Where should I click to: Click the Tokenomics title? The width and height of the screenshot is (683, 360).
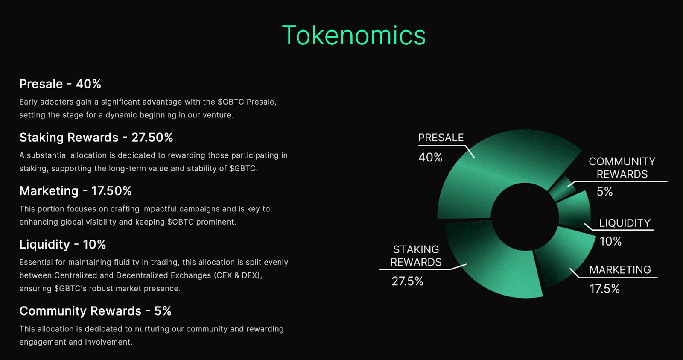tap(353, 35)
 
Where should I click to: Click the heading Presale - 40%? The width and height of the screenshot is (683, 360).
tap(60, 84)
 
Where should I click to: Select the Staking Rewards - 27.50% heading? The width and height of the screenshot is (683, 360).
tap(96, 138)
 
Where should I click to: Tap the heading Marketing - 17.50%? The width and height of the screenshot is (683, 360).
tap(75, 191)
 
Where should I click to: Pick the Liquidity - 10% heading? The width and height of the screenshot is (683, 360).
tap(62, 244)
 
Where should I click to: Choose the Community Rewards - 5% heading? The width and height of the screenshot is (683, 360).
tap(95, 311)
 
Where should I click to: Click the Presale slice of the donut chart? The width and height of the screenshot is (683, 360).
tap(491, 175)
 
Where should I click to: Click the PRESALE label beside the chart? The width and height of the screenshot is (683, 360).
tap(441, 138)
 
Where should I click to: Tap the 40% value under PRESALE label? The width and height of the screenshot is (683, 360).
tap(430, 158)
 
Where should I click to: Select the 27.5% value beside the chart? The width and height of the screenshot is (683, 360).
tap(407, 281)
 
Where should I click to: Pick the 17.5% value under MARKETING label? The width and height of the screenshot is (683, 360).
tap(604, 289)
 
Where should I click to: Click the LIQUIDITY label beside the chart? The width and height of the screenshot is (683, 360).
tap(625, 223)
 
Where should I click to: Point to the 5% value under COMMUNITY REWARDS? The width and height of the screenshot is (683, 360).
tap(604, 192)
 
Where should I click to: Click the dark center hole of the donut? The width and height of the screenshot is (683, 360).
tap(525, 217)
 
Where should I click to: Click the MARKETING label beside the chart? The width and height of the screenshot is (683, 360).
tap(620, 270)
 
